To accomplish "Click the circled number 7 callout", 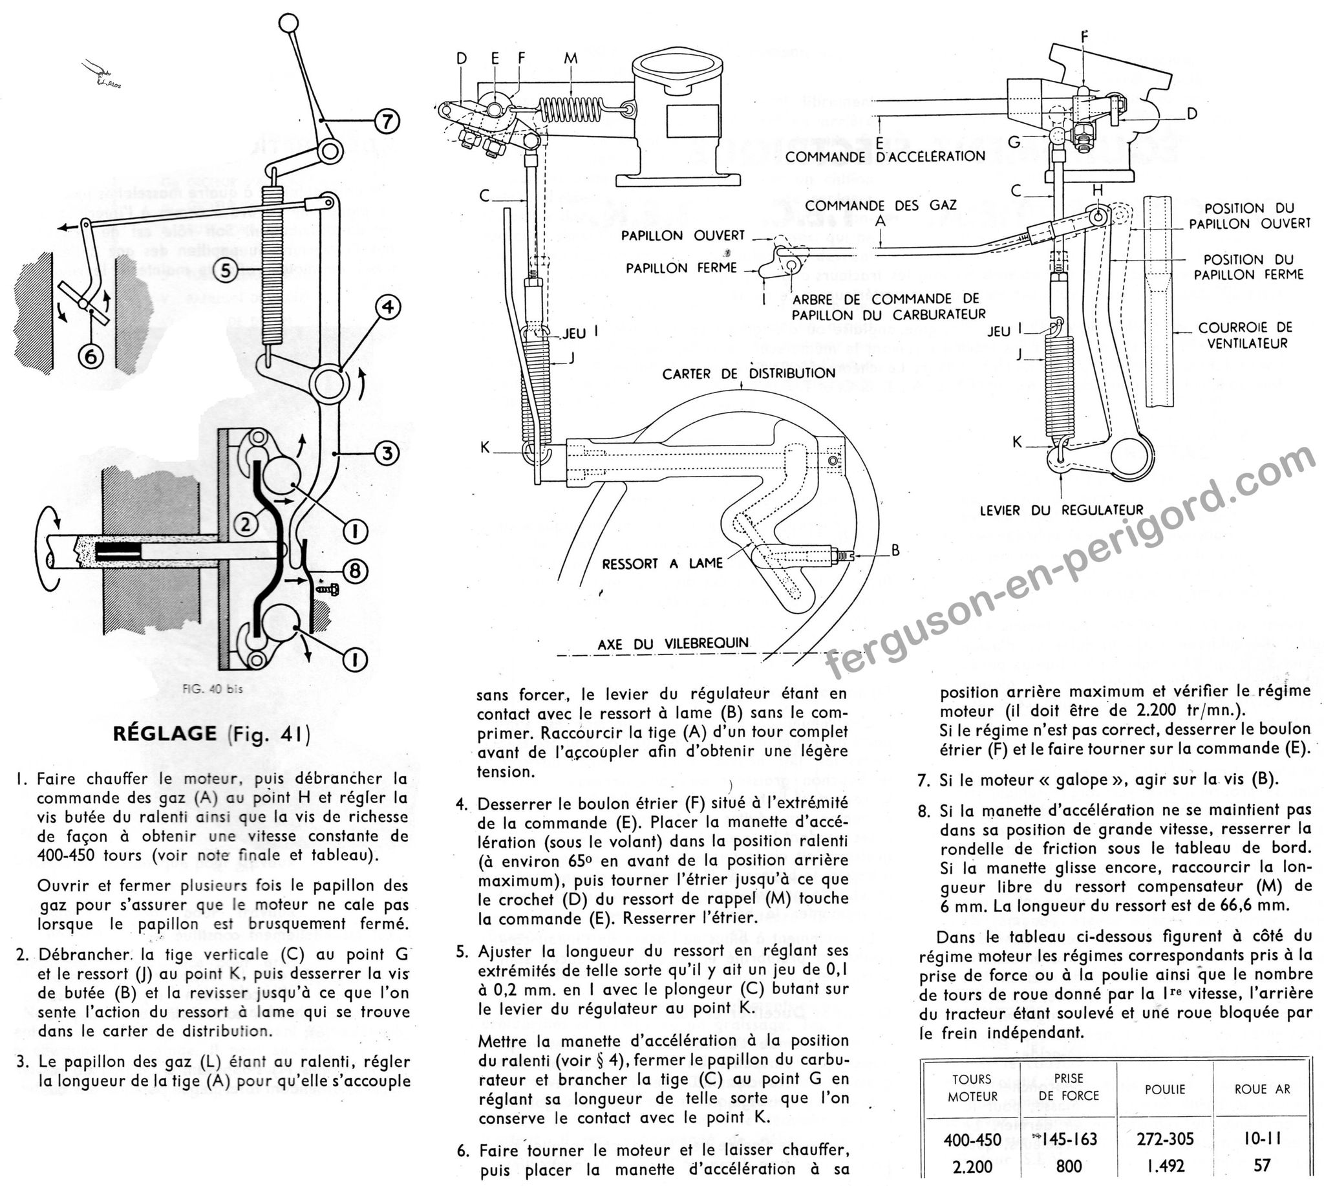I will click(x=387, y=120).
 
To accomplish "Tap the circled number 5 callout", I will click(x=226, y=269).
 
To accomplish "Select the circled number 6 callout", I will click(x=92, y=356).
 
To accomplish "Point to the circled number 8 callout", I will click(x=354, y=571).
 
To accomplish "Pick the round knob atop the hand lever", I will click(x=288, y=23).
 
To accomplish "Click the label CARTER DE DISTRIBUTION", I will click(x=749, y=373).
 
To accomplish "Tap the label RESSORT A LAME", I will click(x=662, y=563).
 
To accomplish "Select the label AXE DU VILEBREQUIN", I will click(x=673, y=643).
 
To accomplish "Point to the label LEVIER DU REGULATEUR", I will click(x=1062, y=510).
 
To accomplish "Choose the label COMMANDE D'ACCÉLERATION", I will click(x=885, y=156).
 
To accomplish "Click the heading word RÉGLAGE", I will click(x=165, y=733).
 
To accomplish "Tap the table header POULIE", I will click(x=1165, y=1089).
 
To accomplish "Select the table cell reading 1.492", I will click(x=1165, y=1166).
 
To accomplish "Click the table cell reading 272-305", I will click(x=1165, y=1138).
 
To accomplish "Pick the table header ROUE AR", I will click(x=1262, y=1089).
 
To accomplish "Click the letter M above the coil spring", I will click(x=571, y=59).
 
